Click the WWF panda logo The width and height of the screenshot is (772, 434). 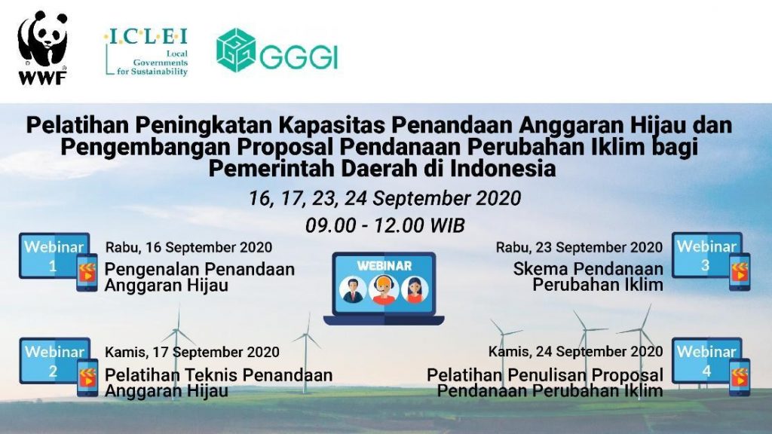click(x=42, y=47)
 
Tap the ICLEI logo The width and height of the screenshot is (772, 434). click(x=146, y=52)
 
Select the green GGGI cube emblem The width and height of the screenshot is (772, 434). click(x=236, y=50)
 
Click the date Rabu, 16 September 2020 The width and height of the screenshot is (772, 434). click(x=188, y=247)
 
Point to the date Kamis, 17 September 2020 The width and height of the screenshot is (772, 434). click(x=192, y=352)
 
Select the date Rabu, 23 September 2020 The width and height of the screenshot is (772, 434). click(x=580, y=247)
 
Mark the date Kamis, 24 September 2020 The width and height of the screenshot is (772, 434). click(x=575, y=351)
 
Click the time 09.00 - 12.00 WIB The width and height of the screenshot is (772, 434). click(x=385, y=225)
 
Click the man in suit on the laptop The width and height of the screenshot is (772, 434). click(x=353, y=290)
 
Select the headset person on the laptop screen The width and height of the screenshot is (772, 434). click(x=384, y=290)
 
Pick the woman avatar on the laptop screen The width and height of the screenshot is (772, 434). click(x=415, y=290)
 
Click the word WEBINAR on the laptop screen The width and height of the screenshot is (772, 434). click(x=384, y=266)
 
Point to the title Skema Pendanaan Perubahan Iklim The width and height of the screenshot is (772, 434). click(x=588, y=277)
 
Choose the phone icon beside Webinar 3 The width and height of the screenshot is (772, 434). click(x=740, y=271)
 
